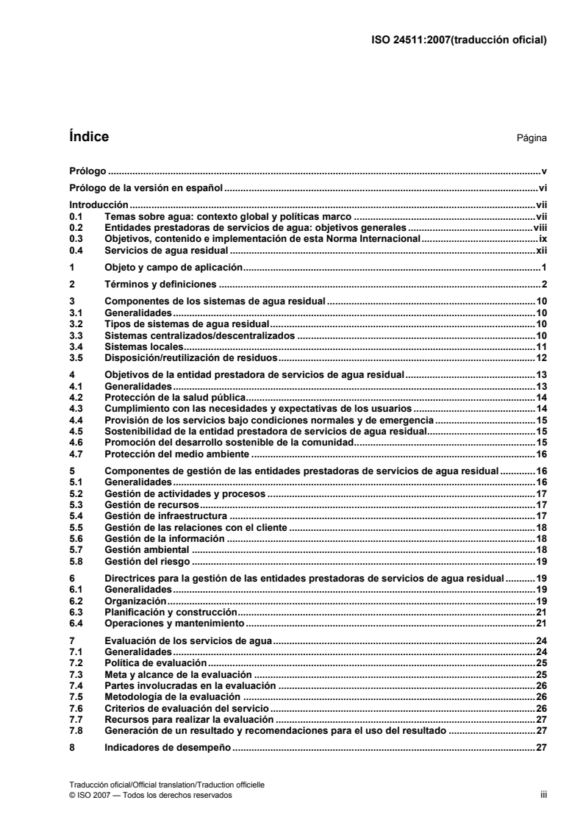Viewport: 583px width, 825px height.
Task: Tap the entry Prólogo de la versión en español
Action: click(x=146, y=188)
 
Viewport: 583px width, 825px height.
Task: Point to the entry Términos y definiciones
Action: click(x=160, y=284)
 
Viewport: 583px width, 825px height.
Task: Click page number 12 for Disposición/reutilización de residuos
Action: click(x=542, y=357)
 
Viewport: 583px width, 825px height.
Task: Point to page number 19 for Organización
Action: click(x=542, y=601)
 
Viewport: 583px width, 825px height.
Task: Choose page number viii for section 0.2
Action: click(x=540, y=228)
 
